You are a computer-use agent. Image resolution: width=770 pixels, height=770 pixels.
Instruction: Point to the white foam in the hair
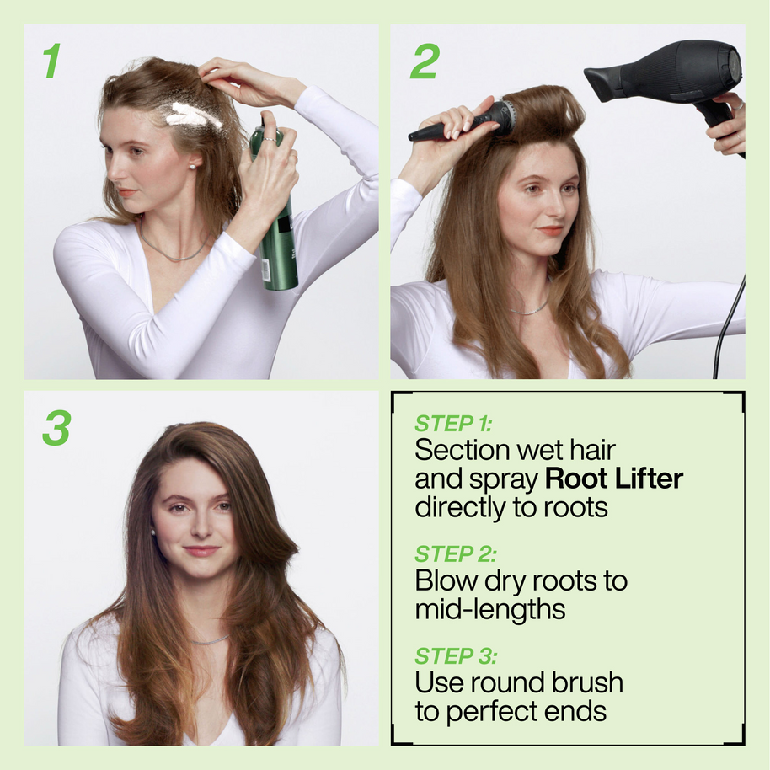(192, 115)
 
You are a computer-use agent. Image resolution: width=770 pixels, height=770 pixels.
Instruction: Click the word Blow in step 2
(445, 580)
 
